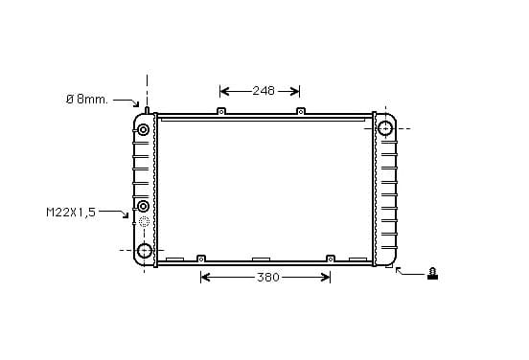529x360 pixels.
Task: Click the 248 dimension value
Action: pos(264,91)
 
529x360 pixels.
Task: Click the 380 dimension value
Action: pos(268,278)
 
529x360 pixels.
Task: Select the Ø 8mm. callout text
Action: pos(87,100)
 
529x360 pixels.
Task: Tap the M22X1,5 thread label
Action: pos(71,213)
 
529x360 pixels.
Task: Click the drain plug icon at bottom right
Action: pos(432,274)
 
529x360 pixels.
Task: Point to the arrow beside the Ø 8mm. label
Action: pos(126,101)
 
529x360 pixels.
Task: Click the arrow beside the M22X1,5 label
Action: pos(114,214)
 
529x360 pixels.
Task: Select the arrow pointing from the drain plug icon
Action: pos(409,271)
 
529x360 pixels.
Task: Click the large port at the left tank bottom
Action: pos(145,251)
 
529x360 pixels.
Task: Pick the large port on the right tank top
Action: pos(385,128)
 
